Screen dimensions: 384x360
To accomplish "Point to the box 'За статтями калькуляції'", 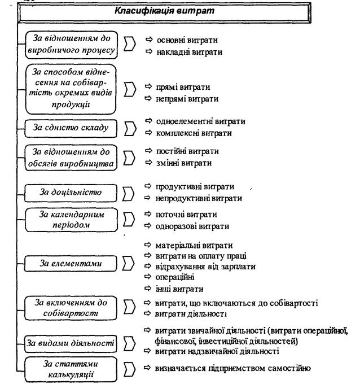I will pyautogui.click(x=72, y=368).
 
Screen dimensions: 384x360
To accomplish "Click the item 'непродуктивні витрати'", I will pyautogui.click(x=198, y=198).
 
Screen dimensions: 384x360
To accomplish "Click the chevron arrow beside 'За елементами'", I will pyautogui.click(x=129, y=264).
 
